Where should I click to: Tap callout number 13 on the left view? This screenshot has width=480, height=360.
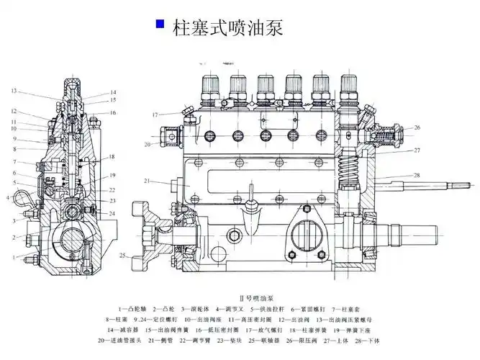tap(14, 91)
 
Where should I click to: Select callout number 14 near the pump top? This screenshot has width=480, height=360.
tap(113, 92)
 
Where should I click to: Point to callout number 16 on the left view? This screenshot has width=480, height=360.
tap(113, 112)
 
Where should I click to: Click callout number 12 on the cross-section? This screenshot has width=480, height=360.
tap(14, 112)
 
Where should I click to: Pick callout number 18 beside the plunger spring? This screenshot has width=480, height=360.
tap(112, 157)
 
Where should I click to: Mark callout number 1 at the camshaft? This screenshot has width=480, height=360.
tap(14, 257)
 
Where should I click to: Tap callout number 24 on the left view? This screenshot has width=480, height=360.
tap(112, 215)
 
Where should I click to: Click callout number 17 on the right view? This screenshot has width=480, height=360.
tap(155, 115)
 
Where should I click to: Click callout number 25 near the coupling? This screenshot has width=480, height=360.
tap(123, 256)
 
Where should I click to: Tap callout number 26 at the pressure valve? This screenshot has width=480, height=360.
tap(417, 128)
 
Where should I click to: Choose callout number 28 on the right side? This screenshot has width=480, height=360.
tap(417, 176)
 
